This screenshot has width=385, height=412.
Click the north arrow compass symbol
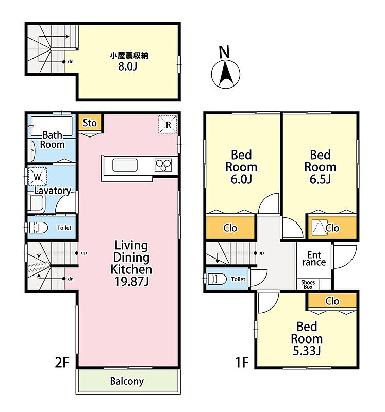[226, 74]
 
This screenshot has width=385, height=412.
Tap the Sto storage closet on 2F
[90, 123]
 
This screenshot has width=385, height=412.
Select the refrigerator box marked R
[168, 124]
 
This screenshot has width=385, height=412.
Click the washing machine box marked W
[37, 177]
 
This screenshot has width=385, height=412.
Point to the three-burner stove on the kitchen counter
[163, 165]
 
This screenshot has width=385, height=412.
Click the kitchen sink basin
[125, 165]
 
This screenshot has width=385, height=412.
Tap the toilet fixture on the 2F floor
[38, 228]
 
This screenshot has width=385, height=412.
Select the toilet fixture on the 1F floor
[216, 279]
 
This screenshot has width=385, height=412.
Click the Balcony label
[127, 381]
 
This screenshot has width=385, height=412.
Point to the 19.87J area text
[131, 281]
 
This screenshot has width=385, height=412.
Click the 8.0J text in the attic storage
[127, 66]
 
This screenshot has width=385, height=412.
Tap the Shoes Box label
[308, 285]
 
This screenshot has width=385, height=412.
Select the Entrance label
[314, 259]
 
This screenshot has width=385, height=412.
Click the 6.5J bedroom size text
[320, 179]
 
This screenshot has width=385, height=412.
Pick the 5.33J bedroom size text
[307, 351]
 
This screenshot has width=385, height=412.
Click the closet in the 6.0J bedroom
[230, 228]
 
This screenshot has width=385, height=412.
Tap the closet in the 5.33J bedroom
[332, 301]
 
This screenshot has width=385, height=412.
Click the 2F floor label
[62, 363]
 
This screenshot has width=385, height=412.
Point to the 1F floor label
[242, 363]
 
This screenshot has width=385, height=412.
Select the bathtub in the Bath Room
[52, 127]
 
